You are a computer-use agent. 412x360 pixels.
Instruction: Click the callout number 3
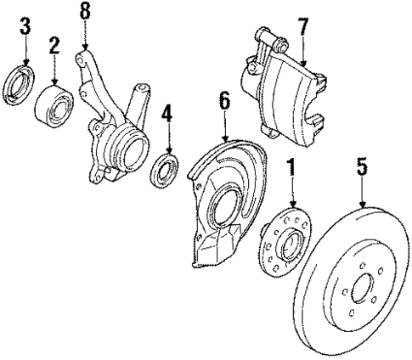point(26,25)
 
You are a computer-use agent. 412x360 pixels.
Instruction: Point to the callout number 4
point(166,114)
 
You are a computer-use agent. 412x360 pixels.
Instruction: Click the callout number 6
point(223,101)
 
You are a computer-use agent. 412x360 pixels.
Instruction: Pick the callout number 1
point(291,168)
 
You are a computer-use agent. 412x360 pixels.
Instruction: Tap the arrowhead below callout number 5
point(363,205)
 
